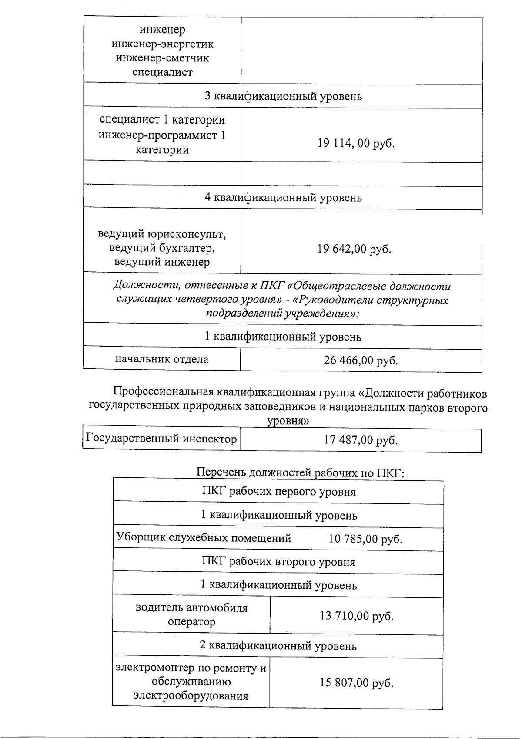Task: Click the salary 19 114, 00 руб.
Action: pyautogui.click(x=356, y=143)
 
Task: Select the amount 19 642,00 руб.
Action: pyautogui.click(x=354, y=249)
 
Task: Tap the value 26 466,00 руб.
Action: pyautogui.click(x=361, y=361)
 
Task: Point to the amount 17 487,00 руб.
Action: pyautogui.click(x=361, y=440)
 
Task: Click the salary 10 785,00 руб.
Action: pyautogui.click(x=365, y=539)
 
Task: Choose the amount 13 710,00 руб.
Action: pyautogui.click(x=356, y=616)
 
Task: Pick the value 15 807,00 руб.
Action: pyautogui.click(x=356, y=682)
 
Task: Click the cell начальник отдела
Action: pyautogui.click(x=161, y=359)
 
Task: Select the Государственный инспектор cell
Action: pyautogui.click(x=161, y=439)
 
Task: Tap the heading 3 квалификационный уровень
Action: pyautogui.click(x=283, y=96)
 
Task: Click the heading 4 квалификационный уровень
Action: pyautogui.click(x=283, y=198)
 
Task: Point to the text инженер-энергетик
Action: pyautogui.click(x=162, y=44)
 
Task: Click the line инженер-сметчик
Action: pyautogui.click(x=162, y=58)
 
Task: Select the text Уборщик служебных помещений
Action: pyautogui.click(x=204, y=538)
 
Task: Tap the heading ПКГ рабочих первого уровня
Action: pyautogui.click(x=278, y=492)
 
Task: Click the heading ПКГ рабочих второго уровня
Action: pyautogui.click(x=278, y=562)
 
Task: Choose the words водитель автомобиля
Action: pyautogui.click(x=191, y=607)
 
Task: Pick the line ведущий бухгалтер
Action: pyautogui.click(x=162, y=248)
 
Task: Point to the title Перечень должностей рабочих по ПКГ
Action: pyautogui.click(x=300, y=472)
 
